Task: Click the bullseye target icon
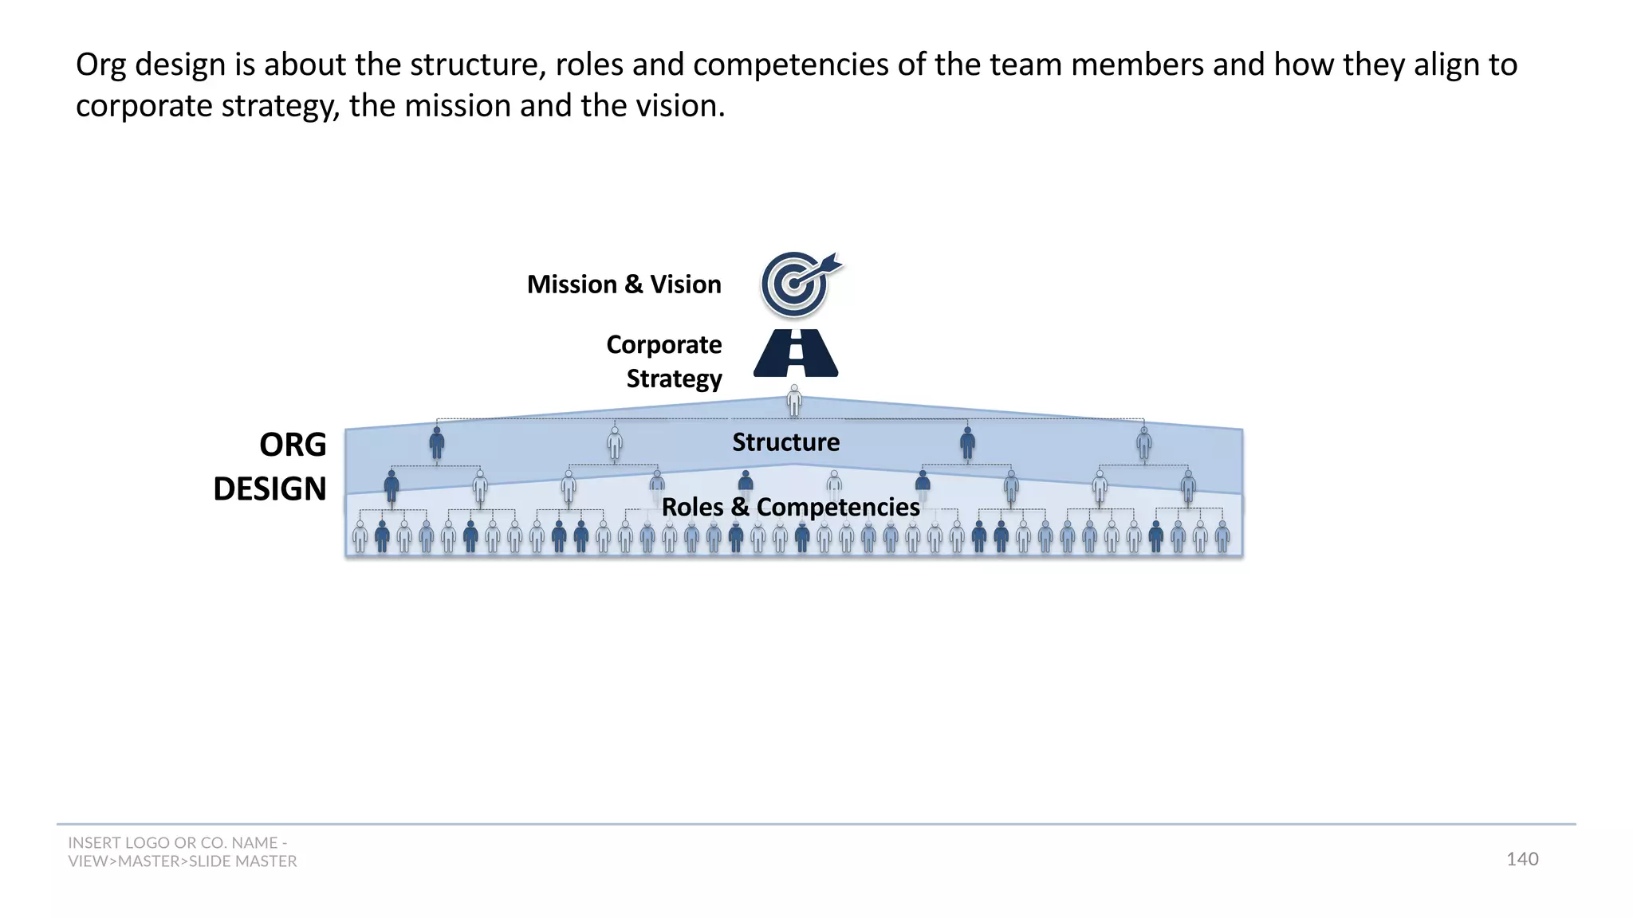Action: point(794,284)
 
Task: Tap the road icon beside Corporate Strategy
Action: point(796,353)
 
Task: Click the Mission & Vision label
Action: point(624,284)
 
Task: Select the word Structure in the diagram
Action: point(785,442)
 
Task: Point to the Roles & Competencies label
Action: point(790,507)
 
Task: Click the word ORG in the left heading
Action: point(293,445)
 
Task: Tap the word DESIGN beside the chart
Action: point(270,488)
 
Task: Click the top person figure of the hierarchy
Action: point(794,400)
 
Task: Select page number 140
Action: point(1521,859)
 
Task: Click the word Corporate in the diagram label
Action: point(663,344)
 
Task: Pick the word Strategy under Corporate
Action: point(674,379)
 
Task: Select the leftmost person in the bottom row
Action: point(360,537)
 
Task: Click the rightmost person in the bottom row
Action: point(1222,537)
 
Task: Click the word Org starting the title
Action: point(100,65)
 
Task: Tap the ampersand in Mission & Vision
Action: point(633,284)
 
